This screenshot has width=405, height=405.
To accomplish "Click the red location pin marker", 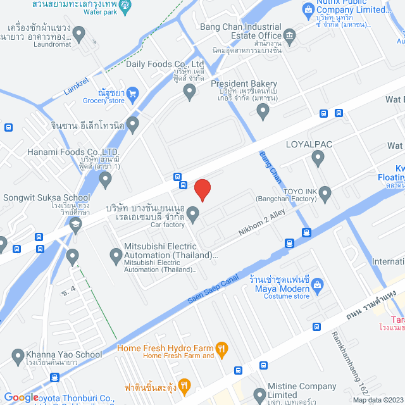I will click(202, 189).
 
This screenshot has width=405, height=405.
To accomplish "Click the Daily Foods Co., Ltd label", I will click(165, 64).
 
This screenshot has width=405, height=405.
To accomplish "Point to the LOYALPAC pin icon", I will click(318, 159).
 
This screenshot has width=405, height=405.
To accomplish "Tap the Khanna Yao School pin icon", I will click(16, 355).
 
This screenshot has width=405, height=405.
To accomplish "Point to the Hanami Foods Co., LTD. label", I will click(65, 152).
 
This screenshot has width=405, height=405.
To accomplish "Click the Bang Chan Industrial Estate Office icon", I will click(290, 35).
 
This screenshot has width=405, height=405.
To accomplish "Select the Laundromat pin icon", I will click(79, 33).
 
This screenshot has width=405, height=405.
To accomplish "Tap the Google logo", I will click(21, 397).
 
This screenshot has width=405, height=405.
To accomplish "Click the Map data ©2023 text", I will click(377, 400).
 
